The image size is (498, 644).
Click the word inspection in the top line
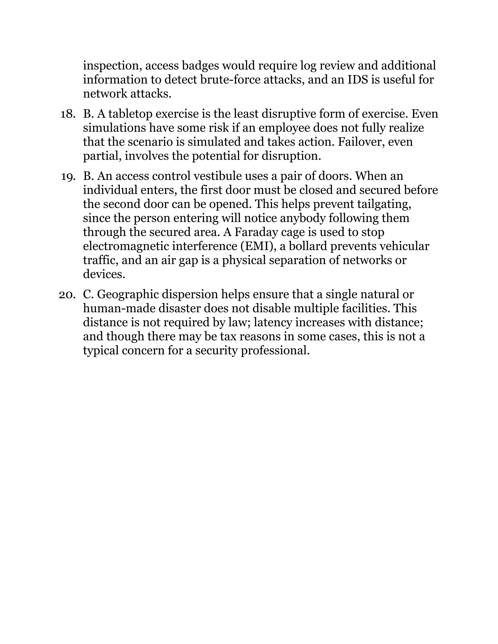(110, 65)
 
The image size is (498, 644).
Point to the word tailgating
(383, 204)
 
